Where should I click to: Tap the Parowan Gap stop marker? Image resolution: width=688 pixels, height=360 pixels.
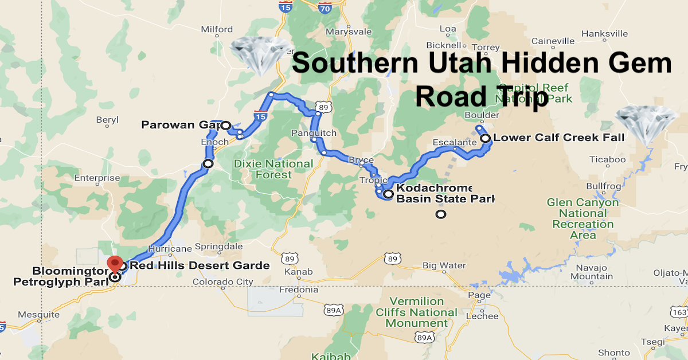tap(226, 125)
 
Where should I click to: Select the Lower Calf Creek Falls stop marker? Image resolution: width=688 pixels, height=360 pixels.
tap(485, 138)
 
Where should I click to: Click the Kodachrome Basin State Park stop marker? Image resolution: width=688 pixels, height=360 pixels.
tap(388, 194)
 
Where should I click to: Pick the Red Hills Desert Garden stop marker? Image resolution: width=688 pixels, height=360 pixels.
tap(123, 265)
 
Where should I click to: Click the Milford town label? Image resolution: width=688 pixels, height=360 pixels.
tap(217, 29)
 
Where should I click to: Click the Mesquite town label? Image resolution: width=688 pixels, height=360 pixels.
tap(39, 315)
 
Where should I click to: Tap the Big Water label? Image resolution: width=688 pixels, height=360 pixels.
tap(444, 265)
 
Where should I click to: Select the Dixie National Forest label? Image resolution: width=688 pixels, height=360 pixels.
tap(274, 169)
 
